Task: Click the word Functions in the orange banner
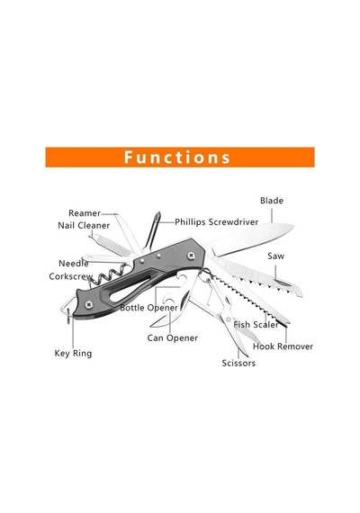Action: coord(177,157)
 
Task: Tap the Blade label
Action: coord(272,201)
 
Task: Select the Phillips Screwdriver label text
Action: coord(216,222)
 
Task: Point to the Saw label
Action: coord(275,256)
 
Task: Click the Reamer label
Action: coord(85,213)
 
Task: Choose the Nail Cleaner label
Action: coord(84,225)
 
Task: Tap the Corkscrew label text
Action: coord(71,276)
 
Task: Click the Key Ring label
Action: coord(73,354)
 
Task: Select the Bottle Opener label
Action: coord(148,308)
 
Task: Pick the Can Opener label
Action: coord(173,338)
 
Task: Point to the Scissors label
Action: coord(238,364)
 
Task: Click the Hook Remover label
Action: coord(283,346)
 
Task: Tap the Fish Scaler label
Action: coord(256,325)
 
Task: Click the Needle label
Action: coord(74,264)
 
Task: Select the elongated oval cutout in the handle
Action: coord(130,289)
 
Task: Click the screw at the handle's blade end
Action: coord(191,255)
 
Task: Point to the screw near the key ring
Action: coord(88,305)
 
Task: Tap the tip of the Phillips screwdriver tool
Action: coord(158,214)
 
